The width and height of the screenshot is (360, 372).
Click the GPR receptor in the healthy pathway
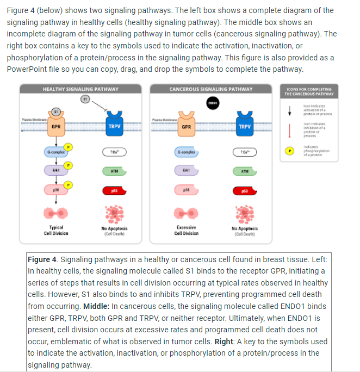[56, 126]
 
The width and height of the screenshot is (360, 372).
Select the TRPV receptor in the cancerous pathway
[245, 126]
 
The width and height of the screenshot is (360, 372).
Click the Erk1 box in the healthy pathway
[56, 171]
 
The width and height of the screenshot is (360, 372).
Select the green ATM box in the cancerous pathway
[245, 171]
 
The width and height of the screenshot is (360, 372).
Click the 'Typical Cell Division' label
[56, 230]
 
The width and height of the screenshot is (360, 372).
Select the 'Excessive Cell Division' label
[186, 230]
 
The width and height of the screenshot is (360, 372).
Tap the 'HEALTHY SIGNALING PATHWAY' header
[80, 89]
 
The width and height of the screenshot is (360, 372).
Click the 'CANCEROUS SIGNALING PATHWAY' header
[211, 89]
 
